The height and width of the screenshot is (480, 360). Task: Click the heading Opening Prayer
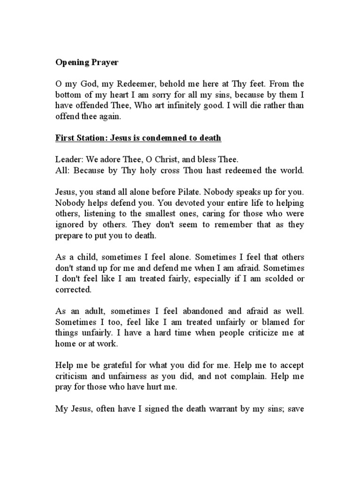click(x=87, y=62)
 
